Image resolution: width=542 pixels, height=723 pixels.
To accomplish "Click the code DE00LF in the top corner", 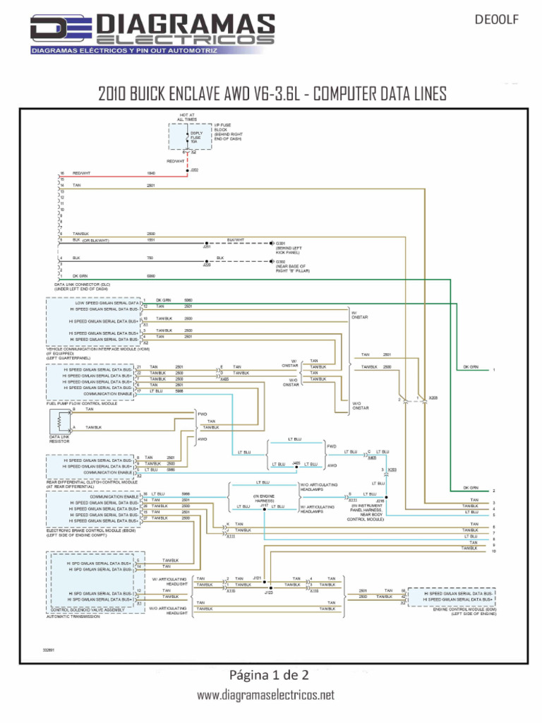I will tap(497, 20).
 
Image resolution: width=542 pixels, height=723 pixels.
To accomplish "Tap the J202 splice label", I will tap(195, 170).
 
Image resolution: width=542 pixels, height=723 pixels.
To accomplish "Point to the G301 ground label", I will tap(280, 243).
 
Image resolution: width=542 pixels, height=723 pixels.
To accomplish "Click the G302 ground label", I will tap(280, 261).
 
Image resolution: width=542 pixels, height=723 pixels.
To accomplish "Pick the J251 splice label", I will tap(207, 247).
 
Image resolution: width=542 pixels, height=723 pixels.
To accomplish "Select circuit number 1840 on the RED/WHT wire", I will tap(150, 173).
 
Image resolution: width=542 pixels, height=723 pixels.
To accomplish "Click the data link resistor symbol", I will tap(60, 422).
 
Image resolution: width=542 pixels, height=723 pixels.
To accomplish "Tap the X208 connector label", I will tap(433, 398).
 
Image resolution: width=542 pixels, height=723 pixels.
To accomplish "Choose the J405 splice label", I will tap(296, 463).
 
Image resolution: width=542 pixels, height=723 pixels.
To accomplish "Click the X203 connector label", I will tap(392, 470).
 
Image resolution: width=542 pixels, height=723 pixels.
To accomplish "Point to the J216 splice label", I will tap(380, 500).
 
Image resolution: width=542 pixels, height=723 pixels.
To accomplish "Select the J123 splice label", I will tap(268, 593).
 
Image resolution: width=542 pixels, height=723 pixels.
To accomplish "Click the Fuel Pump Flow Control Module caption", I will tap(82, 403).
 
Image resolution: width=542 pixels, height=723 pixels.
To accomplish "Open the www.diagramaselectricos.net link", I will tap(265, 695).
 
